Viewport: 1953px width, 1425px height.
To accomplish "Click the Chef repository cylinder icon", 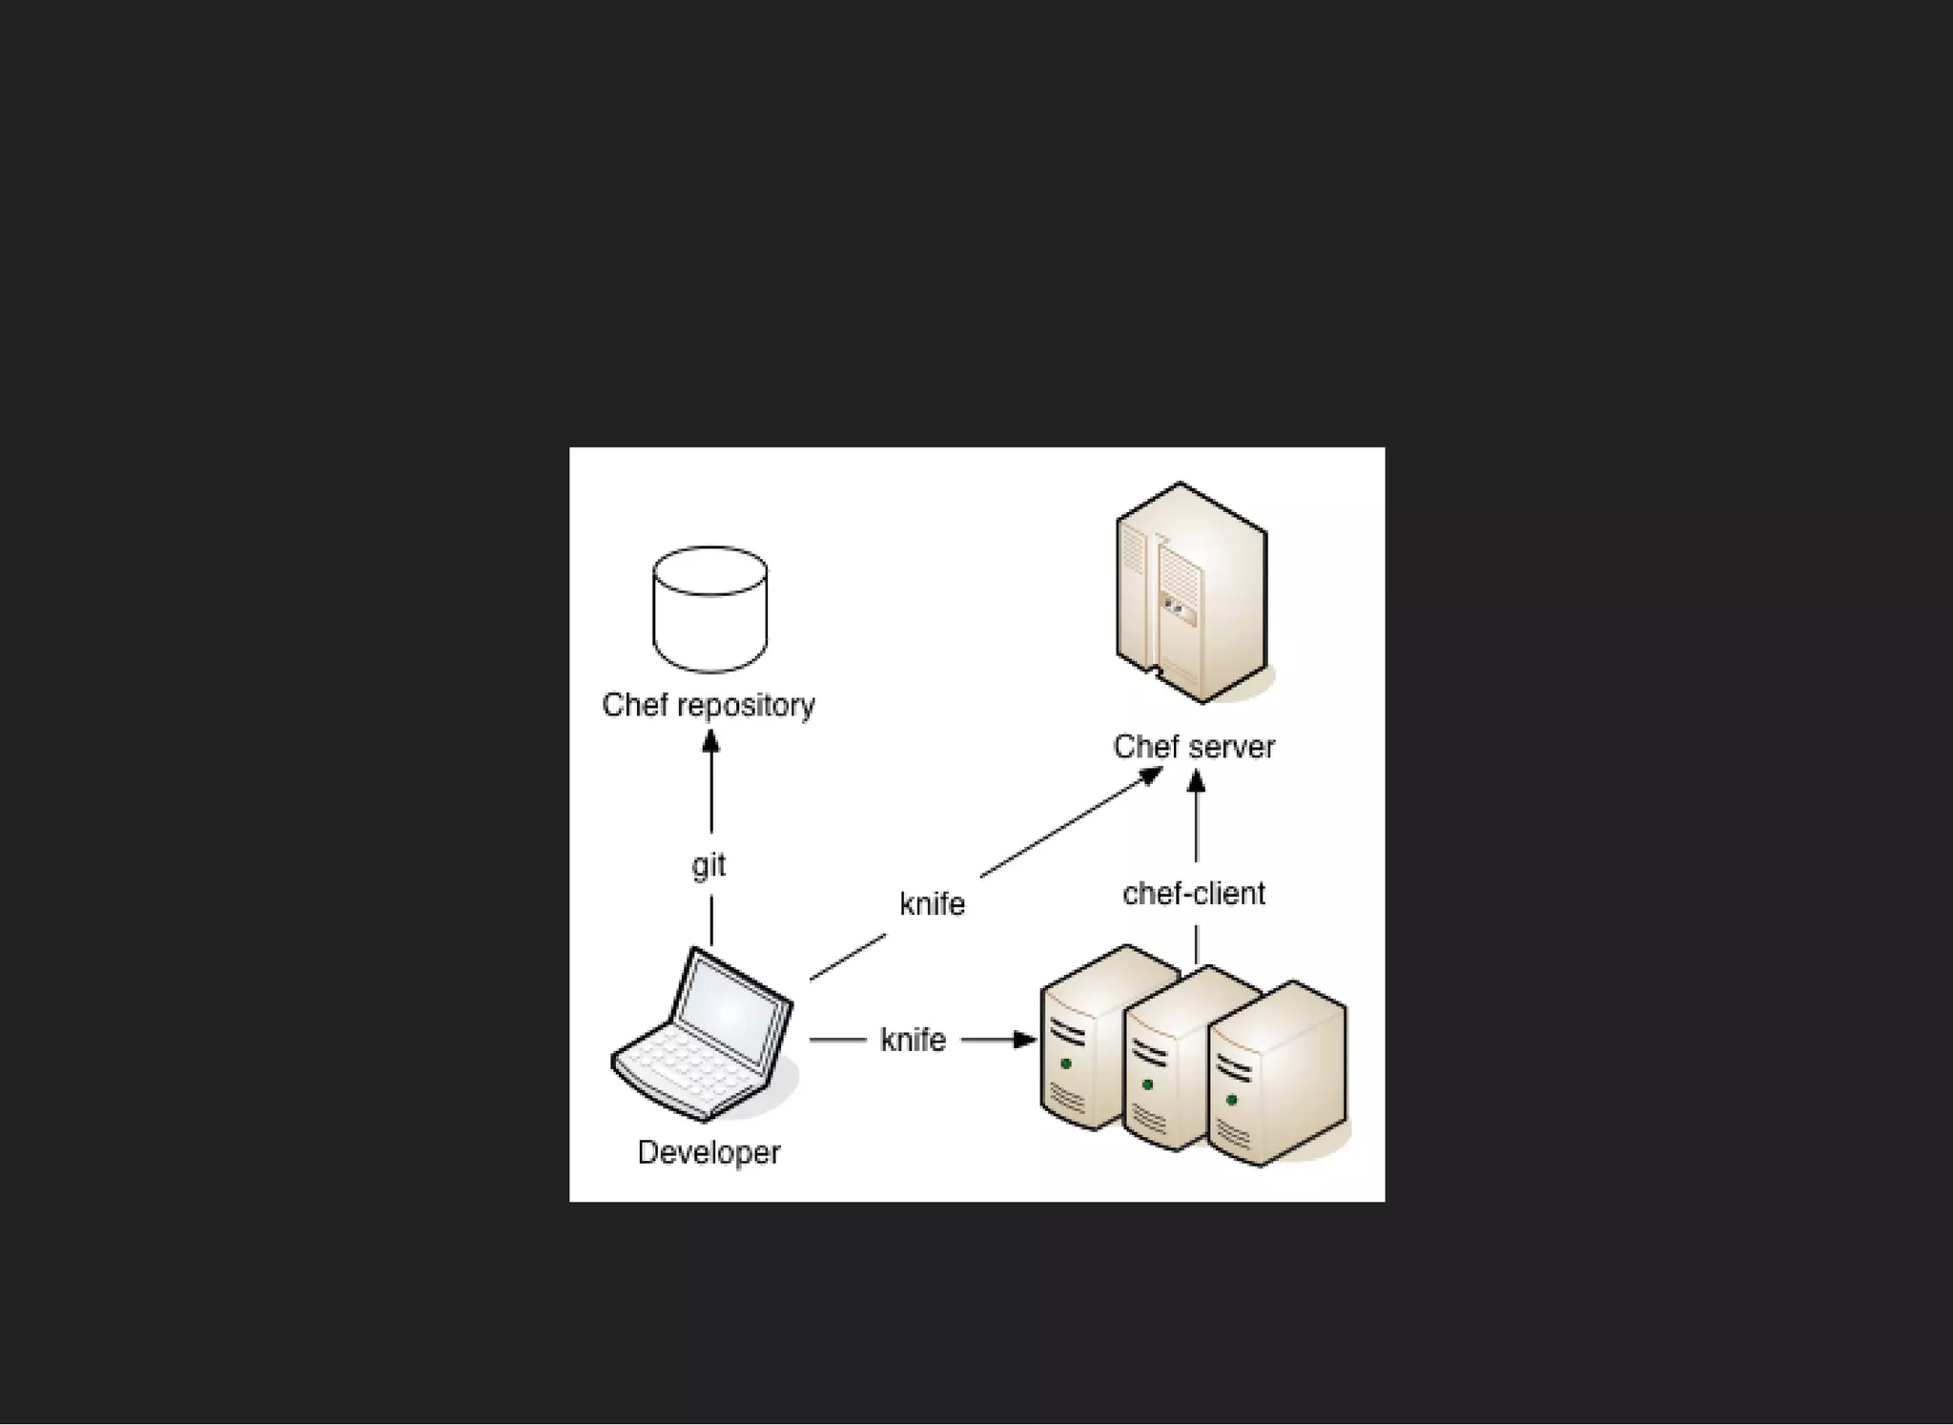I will [709, 610].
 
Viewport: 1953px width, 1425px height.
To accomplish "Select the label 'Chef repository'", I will [709, 705].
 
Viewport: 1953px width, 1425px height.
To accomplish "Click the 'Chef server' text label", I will [1193, 747].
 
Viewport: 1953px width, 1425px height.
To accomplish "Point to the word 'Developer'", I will [709, 1152].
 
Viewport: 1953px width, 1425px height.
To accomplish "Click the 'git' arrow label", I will [709, 865].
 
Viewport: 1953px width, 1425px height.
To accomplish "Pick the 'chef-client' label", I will [1193, 894].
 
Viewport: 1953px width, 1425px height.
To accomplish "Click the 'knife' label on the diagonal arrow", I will [932, 903].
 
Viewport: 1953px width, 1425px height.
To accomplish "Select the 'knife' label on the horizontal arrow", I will [913, 1039].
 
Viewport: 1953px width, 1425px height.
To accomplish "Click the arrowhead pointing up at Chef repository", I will [710, 741].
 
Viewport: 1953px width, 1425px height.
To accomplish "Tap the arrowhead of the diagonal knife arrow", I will [1152, 774].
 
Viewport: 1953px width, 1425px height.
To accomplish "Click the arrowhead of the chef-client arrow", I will [1196, 782].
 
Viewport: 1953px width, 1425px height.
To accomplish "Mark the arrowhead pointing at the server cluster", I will [1025, 1039].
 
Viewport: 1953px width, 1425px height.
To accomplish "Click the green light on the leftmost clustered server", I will [1066, 1064].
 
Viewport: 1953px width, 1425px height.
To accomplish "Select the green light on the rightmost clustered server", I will [1232, 1100].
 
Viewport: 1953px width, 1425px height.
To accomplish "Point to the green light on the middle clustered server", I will [1148, 1084].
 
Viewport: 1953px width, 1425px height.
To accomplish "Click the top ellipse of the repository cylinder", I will [709, 570].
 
